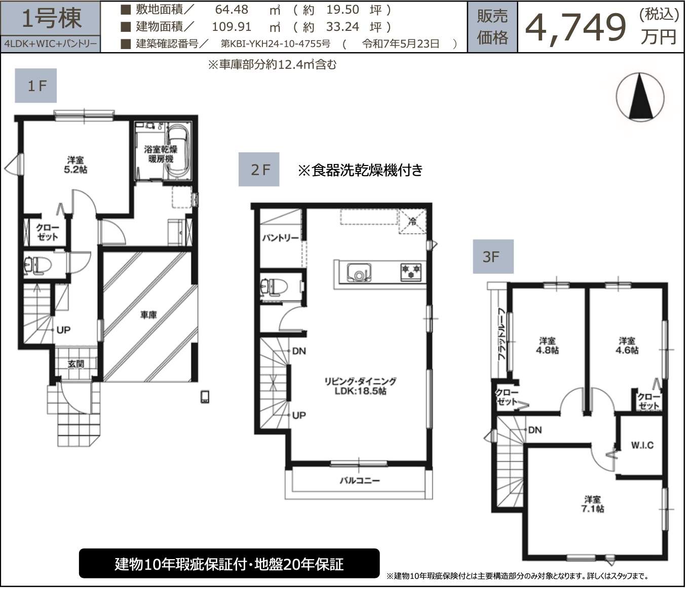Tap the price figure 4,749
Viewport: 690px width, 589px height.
[x=575, y=28]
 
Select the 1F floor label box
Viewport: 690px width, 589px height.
[x=36, y=86]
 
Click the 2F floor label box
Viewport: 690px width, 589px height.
[x=259, y=170]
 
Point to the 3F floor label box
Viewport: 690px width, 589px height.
[x=493, y=257]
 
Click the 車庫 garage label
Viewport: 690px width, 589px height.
[x=148, y=315]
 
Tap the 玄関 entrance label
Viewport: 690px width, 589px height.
[x=76, y=364]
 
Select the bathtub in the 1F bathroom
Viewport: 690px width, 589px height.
[x=178, y=152]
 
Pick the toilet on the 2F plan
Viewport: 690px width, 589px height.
[x=274, y=287]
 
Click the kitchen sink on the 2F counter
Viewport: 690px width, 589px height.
[x=359, y=272]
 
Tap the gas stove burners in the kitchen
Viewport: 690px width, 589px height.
[x=411, y=271]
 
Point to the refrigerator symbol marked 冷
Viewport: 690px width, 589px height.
[x=412, y=221]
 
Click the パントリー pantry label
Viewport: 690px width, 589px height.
[x=280, y=238]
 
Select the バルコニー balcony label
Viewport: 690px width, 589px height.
[x=360, y=481]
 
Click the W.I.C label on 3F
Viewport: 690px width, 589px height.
[x=642, y=445]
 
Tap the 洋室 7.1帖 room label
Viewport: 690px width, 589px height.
[x=593, y=504]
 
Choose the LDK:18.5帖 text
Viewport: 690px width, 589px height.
[x=361, y=391]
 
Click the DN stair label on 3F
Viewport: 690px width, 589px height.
[x=535, y=430]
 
